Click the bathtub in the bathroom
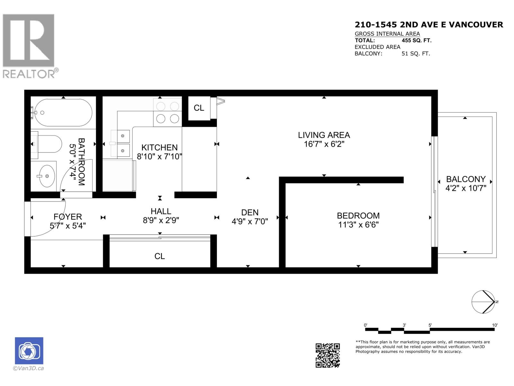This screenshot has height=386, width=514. (x=63, y=113)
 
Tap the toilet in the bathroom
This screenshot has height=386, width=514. (x=48, y=144)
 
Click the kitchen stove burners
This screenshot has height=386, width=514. (x=167, y=113)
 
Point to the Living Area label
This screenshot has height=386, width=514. (x=324, y=135)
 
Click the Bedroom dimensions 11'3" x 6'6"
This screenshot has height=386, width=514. (x=358, y=225)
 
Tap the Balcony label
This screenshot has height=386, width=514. (x=465, y=179)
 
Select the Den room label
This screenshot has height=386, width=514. (x=250, y=213)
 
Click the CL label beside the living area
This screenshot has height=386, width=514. (x=199, y=108)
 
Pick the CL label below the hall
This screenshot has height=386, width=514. (x=160, y=256)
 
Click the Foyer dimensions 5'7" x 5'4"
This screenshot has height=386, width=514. (x=68, y=226)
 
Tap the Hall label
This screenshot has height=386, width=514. (x=161, y=211)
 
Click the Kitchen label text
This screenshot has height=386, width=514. (x=159, y=148)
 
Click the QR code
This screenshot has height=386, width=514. (x=327, y=355)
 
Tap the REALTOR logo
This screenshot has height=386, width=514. (x=29, y=45)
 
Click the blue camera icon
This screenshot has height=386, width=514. (x=29, y=351)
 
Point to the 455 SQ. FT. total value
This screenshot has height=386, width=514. (x=416, y=41)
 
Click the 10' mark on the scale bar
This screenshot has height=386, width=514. (x=495, y=325)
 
